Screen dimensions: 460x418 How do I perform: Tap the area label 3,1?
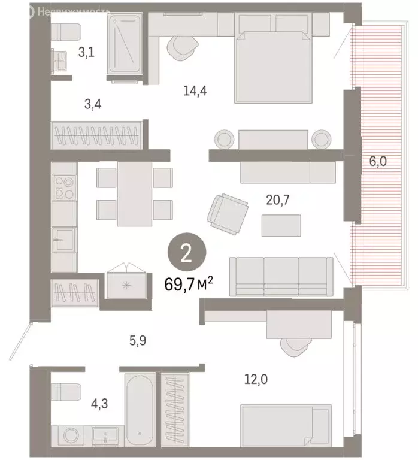(86, 52)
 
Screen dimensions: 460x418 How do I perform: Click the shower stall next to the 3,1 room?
(125, 46)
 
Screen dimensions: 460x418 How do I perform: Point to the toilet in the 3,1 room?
(66, 31)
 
